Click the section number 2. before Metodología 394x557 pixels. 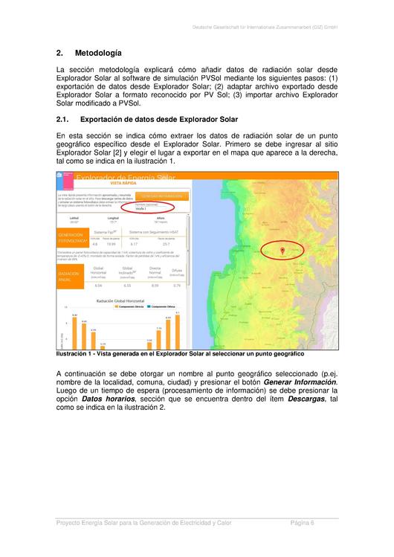click(x=59, y=54)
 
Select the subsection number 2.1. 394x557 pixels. click(x=62, y=119)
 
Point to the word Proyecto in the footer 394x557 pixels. click(x=71, y=524)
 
